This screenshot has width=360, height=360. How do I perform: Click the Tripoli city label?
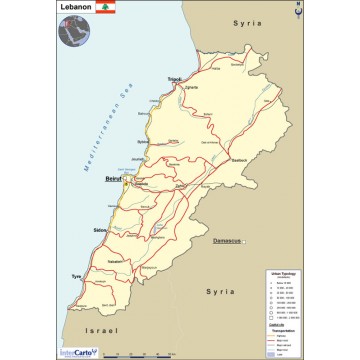click(x=175, y=78)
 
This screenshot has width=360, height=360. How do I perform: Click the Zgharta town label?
click(x=192, y=88)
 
